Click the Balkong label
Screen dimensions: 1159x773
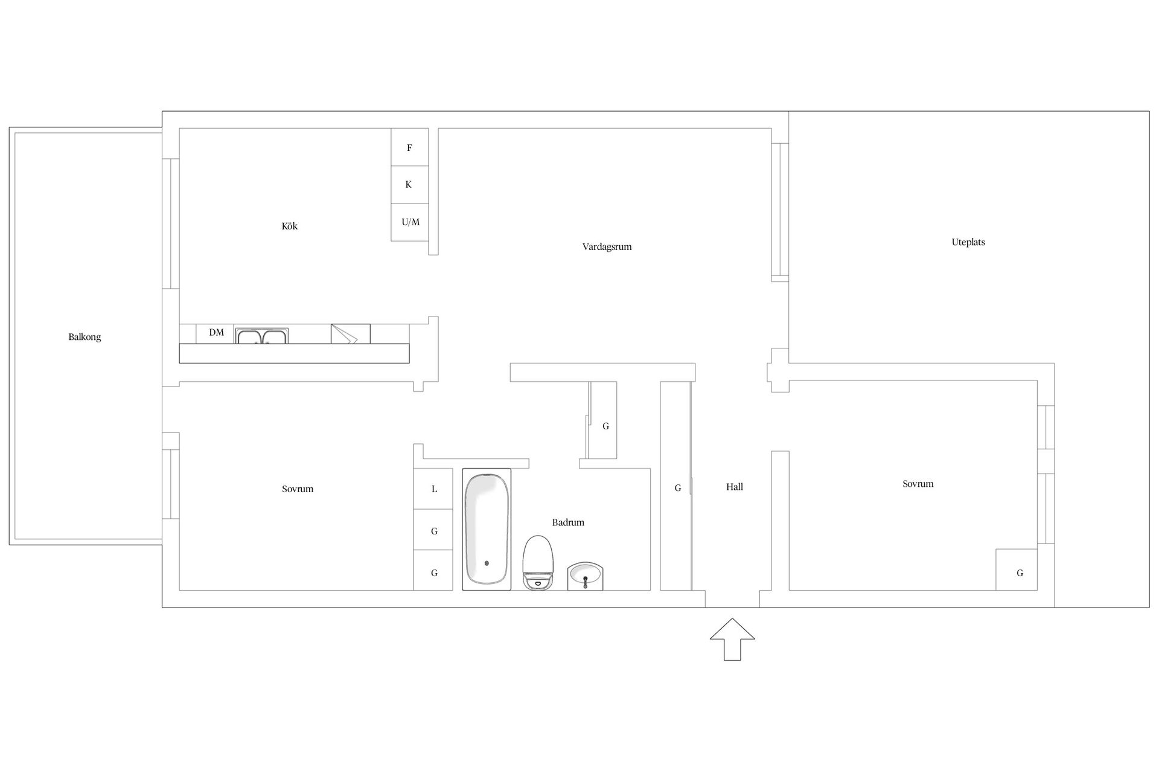pyautogui.click(x=85, y=337)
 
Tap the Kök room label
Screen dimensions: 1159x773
pyautogui.click(x=290, y=226)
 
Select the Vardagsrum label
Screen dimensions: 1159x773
pyautogui.click(x=607, y=246)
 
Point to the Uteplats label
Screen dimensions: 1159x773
pyautogui.click(x=968, y=242)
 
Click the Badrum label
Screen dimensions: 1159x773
pyautogui.click(x=568, y=522)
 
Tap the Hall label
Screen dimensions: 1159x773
pyautogui.click(x=735, y=487)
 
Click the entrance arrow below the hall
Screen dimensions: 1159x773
pyautogui.click(x=732, y=639)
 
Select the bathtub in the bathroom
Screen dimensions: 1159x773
pyautogui.click(x=487, y=529)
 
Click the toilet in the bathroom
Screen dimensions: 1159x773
pyautogui.click(x=538, y=563)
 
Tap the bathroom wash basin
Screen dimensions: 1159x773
pyautogui.click(x=586, y=576)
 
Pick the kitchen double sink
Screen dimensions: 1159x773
pyautogui.click(x=261, y=336)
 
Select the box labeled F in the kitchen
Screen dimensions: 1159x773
pyautogui.click(x=410, y=147)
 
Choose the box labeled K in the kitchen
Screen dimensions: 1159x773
pyautogui.click(x=410, y=185)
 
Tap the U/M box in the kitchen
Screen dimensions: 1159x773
pyautogui.click(x=410, y=222)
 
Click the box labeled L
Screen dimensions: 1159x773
pyautogui.click(x=433, y=489)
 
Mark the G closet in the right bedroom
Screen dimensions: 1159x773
pyautogui.click(x=1017, y=569)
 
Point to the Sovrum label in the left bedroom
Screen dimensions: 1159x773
pyautogui.click(x=298, y=489)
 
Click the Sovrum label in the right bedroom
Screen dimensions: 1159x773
pyautogui.click(x=918, y=484)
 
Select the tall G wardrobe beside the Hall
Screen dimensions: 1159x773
pyautogui.click(x=676, y=486)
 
